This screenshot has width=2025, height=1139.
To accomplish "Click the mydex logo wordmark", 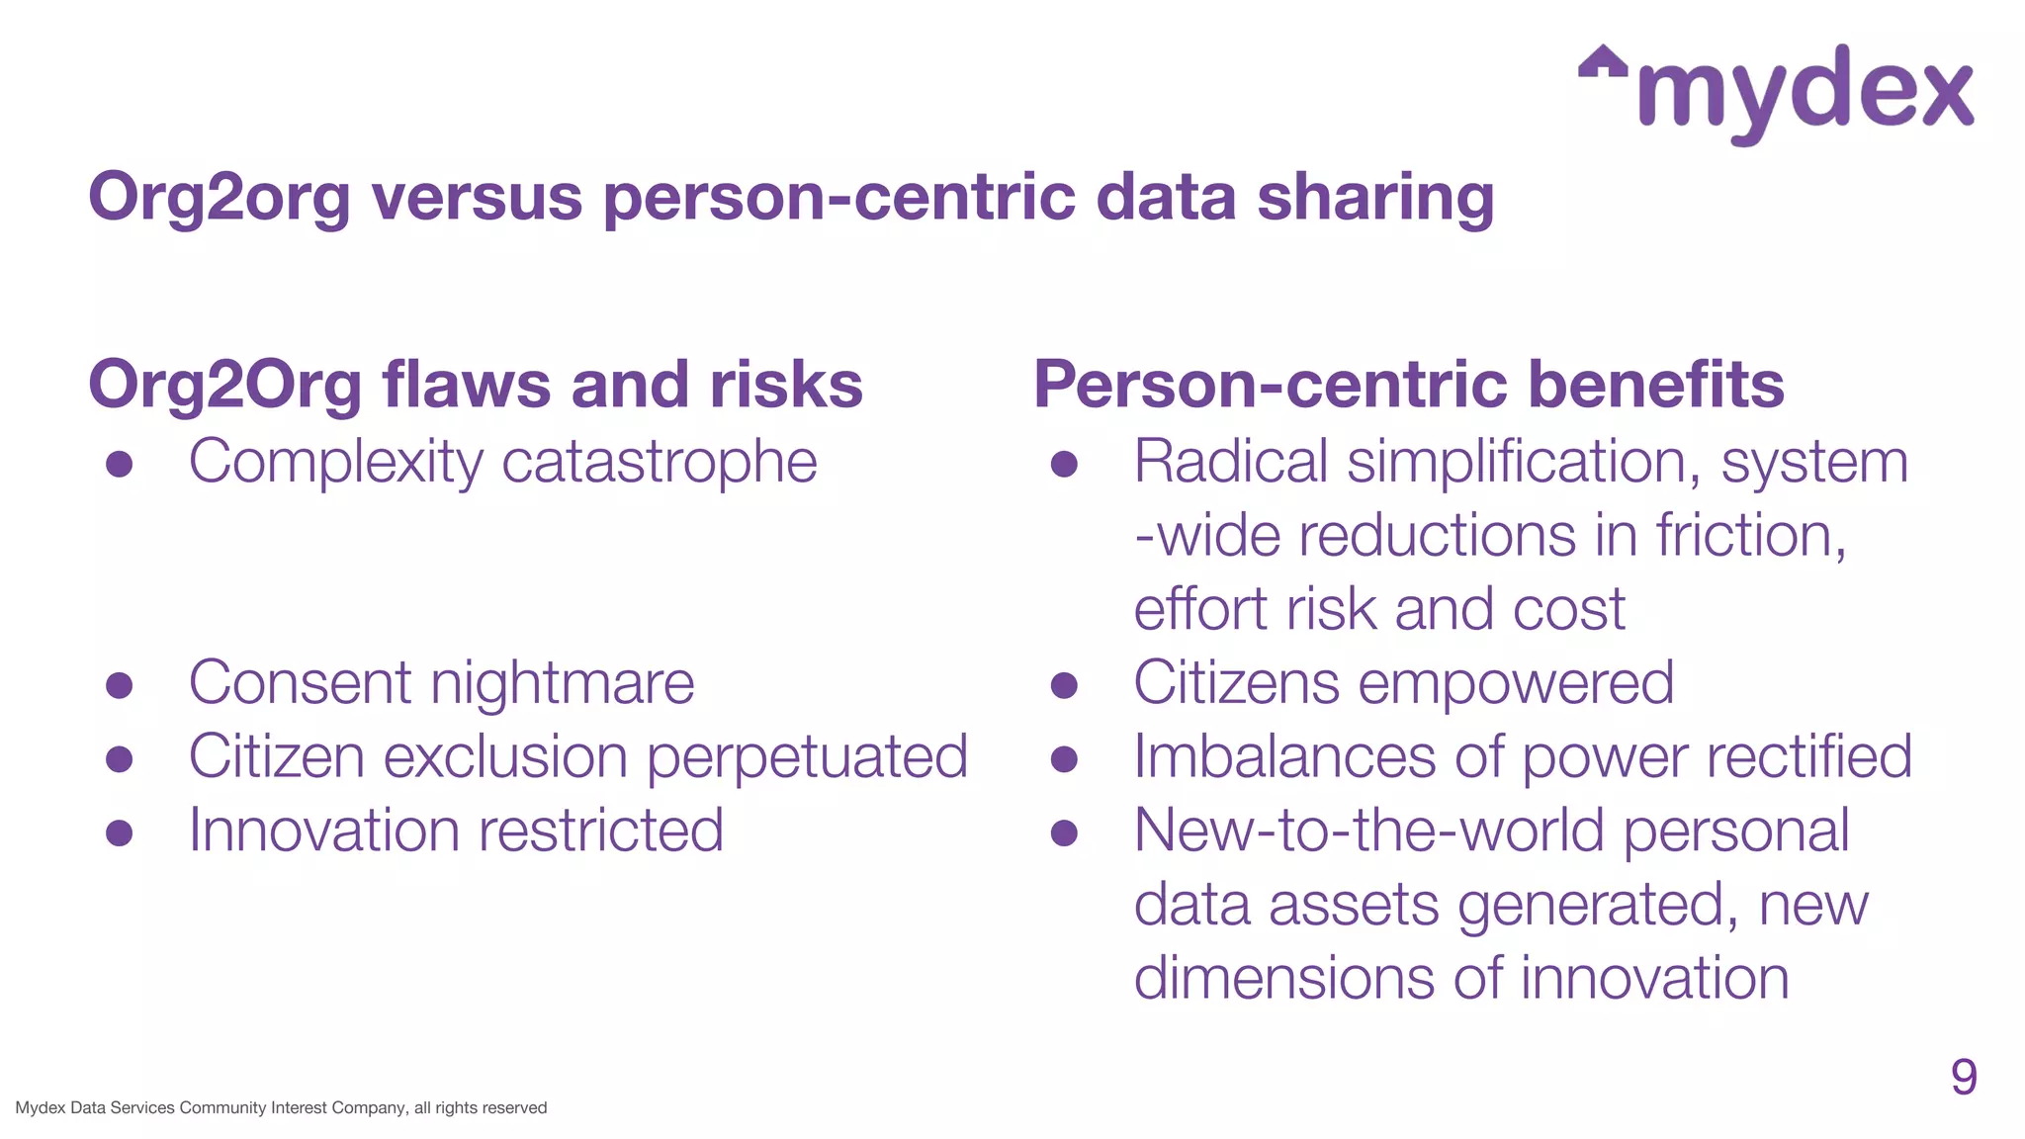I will [1805, 94].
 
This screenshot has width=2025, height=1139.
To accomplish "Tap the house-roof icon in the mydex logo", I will [1603, 62].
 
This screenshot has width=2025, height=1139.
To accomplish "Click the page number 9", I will [1964, 1077].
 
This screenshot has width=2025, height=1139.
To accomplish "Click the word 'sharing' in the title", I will [1375, 199].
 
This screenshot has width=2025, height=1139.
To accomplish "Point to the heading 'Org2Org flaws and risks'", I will [476, 385].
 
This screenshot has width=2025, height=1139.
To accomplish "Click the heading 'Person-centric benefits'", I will [1409, 385].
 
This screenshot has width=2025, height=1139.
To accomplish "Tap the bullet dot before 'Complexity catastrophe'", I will [120, 464].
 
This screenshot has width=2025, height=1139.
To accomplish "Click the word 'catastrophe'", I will [660, 463].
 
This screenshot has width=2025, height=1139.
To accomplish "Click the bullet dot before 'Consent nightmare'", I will [120, 685].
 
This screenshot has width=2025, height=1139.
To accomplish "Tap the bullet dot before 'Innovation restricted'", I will [120, 832].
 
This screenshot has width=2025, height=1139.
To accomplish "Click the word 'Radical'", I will [1230, 462].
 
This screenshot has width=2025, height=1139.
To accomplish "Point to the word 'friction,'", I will [1751, 536].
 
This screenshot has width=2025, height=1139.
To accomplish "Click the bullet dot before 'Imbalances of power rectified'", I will [1064, 758].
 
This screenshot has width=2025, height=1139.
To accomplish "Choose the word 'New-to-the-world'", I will [1368, 831].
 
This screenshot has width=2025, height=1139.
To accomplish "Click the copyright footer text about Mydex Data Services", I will [281, 1108].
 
